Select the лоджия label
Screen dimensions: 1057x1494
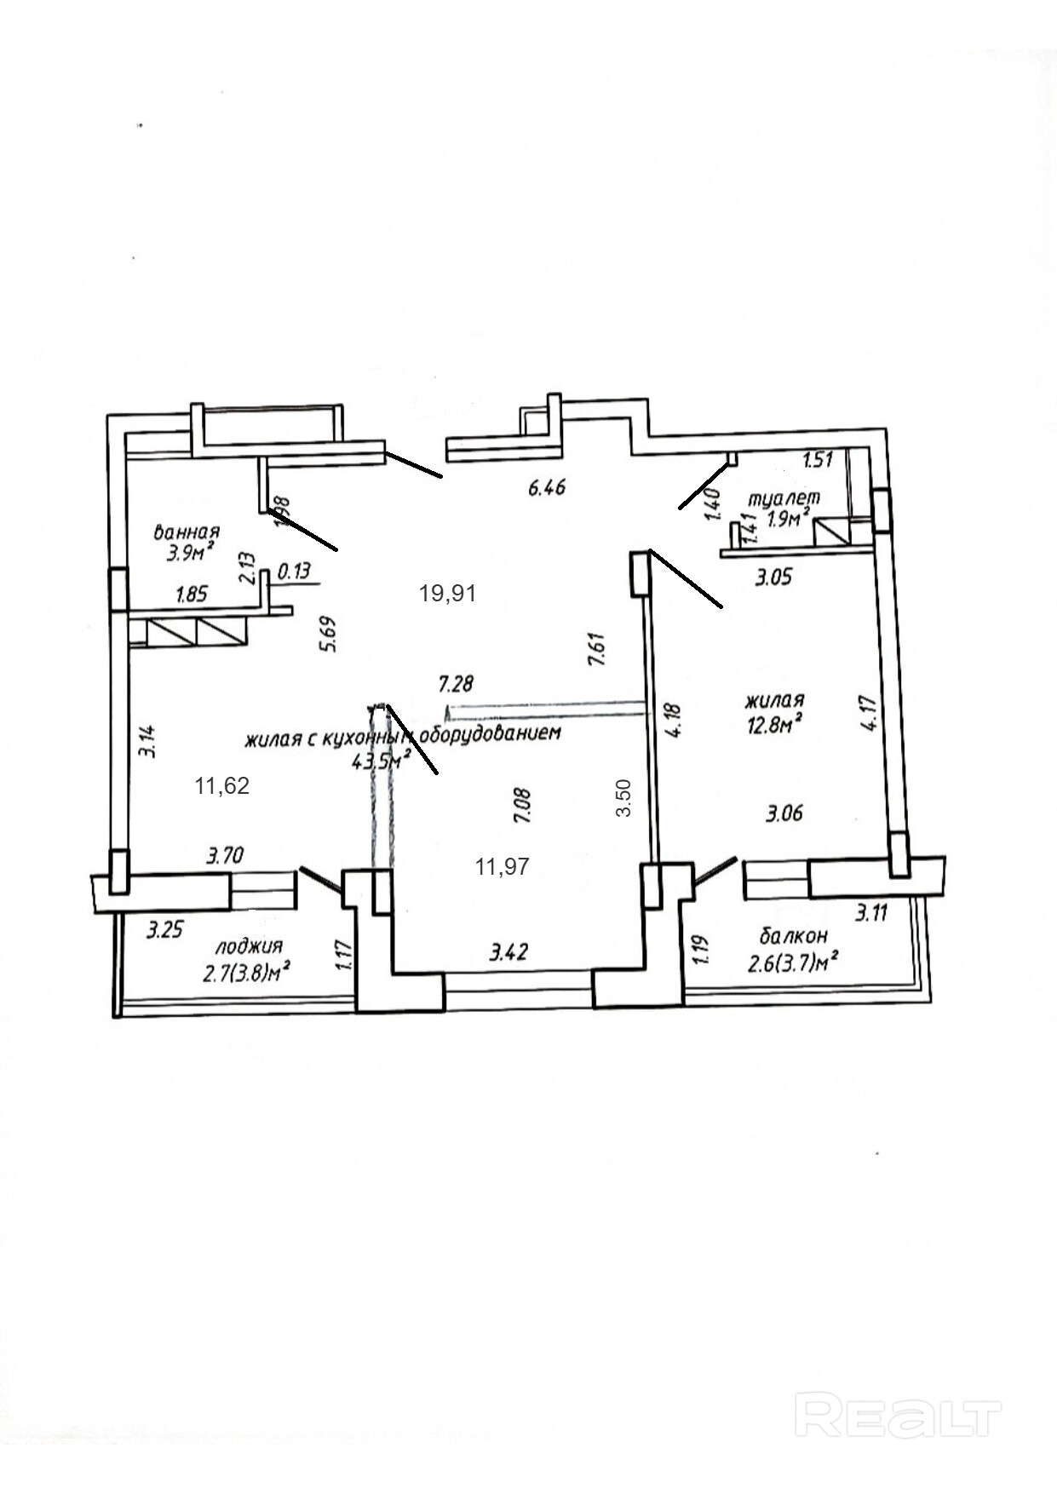click(249, 946)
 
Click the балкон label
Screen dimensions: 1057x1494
click(792, 936)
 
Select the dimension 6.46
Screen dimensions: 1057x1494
click(547, 488)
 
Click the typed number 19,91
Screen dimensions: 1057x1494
click(447, 593)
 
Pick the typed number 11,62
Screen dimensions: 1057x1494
click(221, 785)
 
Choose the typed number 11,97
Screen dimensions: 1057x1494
click(502, 866)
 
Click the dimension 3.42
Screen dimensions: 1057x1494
click(508, 951)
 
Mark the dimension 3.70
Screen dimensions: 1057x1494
click(225, 855)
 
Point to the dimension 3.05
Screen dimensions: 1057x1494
click(774, 577)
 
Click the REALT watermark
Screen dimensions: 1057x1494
click(898, 1414)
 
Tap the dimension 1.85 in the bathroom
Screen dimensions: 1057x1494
click(191, 595)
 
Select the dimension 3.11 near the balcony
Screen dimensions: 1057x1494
click(871, 914)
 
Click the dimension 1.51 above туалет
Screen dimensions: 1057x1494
click(818, 461)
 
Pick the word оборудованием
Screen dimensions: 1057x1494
click(493, 733)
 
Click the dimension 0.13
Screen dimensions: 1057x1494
click(294, 571)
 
